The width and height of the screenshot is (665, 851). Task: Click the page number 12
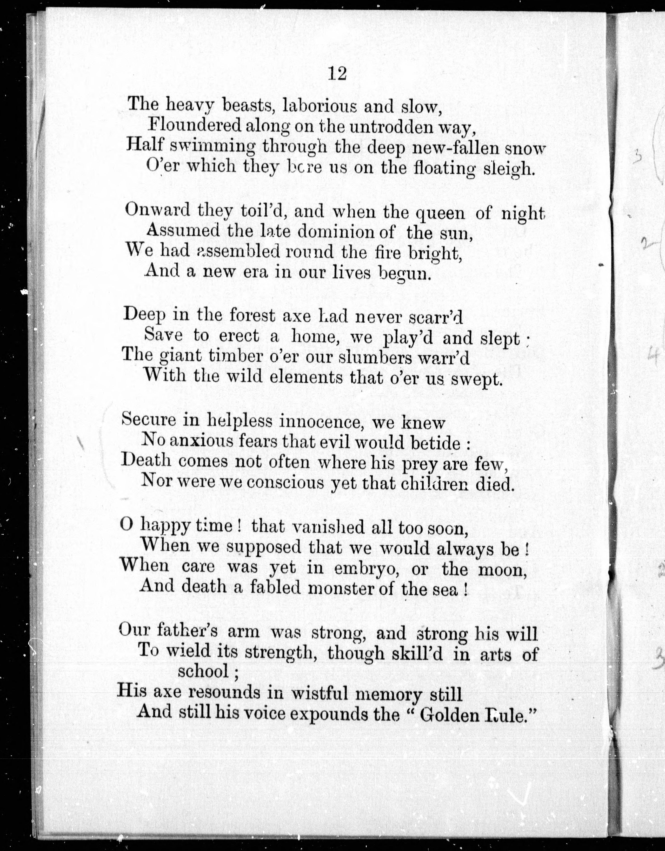(x=337, y=73)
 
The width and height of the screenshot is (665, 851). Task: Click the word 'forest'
(x=252, y=315)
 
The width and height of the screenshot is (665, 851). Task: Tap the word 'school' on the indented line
(x=203, y=671)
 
